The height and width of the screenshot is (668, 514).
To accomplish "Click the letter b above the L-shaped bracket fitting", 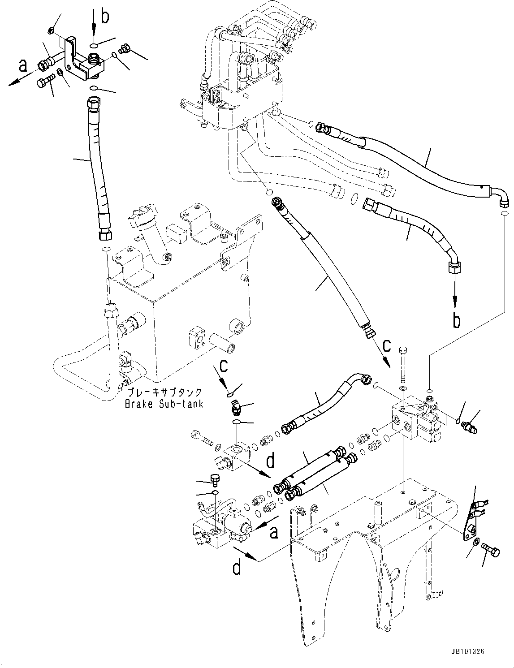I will pos(105,17).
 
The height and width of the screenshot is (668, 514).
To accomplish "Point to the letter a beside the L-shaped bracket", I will pos(23,65).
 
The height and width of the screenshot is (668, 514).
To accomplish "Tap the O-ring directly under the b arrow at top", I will pos(94,45).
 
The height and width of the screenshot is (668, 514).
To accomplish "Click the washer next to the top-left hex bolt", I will pos(60,73).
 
